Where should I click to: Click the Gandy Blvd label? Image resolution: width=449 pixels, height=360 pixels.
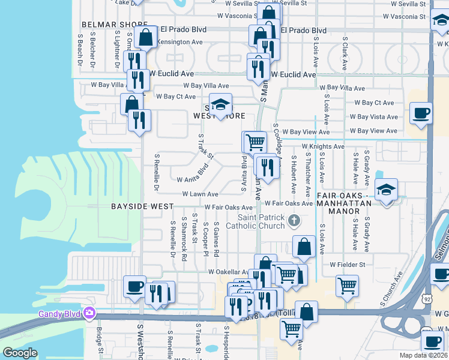(60, 314)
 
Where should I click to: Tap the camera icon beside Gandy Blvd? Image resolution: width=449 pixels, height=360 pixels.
(89, 313)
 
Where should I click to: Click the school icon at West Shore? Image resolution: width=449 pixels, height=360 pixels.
(220, 104)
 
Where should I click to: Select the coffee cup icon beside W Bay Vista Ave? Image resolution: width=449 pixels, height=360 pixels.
(421, 113)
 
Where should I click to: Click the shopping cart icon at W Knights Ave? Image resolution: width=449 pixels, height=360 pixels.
(255, 142)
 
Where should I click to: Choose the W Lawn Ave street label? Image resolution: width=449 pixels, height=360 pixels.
(200, 194)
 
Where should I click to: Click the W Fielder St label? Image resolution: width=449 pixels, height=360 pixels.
(347, 265)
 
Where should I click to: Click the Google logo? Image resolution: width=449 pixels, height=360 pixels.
(20, 353)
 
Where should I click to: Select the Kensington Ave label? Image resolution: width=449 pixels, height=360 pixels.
(179, 43)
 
